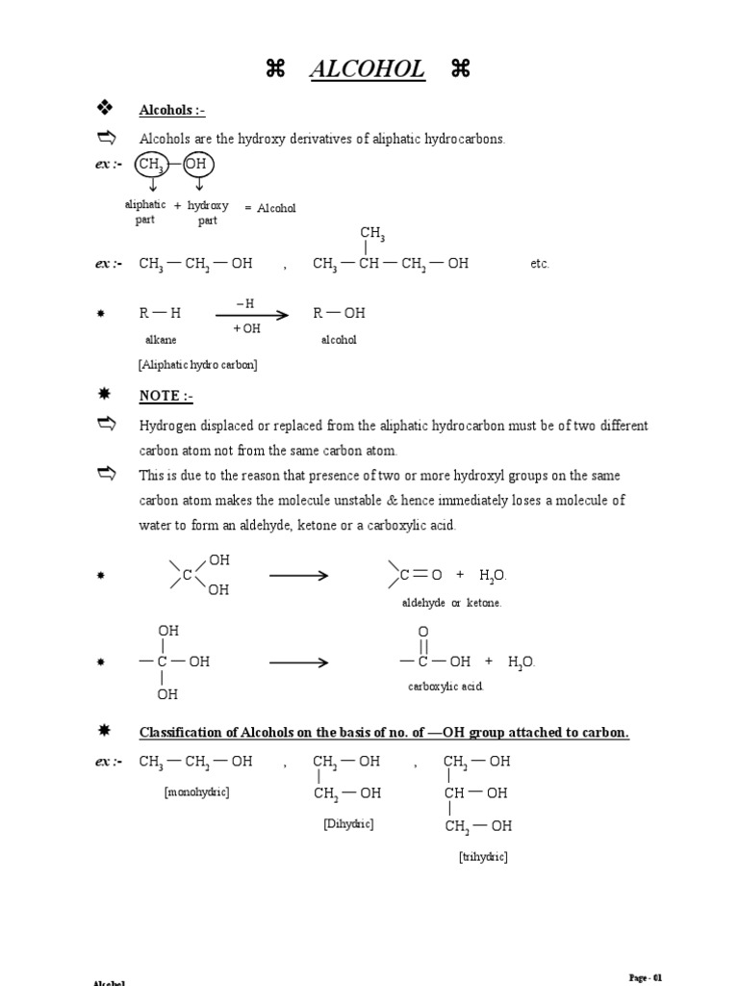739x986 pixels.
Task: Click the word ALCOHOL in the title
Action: coord(367,69)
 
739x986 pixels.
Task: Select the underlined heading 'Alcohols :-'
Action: coord(172,111)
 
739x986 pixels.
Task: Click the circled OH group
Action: coord(195,165)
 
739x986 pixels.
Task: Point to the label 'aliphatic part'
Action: coord(145,212)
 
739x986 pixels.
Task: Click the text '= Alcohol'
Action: coord(270,208)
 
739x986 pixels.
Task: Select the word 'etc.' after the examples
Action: coord(540,264)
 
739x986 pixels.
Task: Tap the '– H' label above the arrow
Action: coord(245,303)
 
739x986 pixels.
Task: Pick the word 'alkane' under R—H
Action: coord(161,340)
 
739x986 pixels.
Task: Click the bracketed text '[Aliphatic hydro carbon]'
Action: coord(198,365)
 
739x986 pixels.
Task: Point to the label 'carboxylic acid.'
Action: coord(446,687)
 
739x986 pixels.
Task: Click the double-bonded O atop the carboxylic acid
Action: coord(422,632)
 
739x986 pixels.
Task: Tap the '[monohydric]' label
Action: coord(196,791)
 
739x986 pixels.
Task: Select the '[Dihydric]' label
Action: coord(348,824)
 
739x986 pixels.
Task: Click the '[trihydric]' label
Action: coord(483,856)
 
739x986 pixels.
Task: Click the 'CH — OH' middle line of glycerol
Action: coord(475,793)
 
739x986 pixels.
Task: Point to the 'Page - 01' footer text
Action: coord(646,977)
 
